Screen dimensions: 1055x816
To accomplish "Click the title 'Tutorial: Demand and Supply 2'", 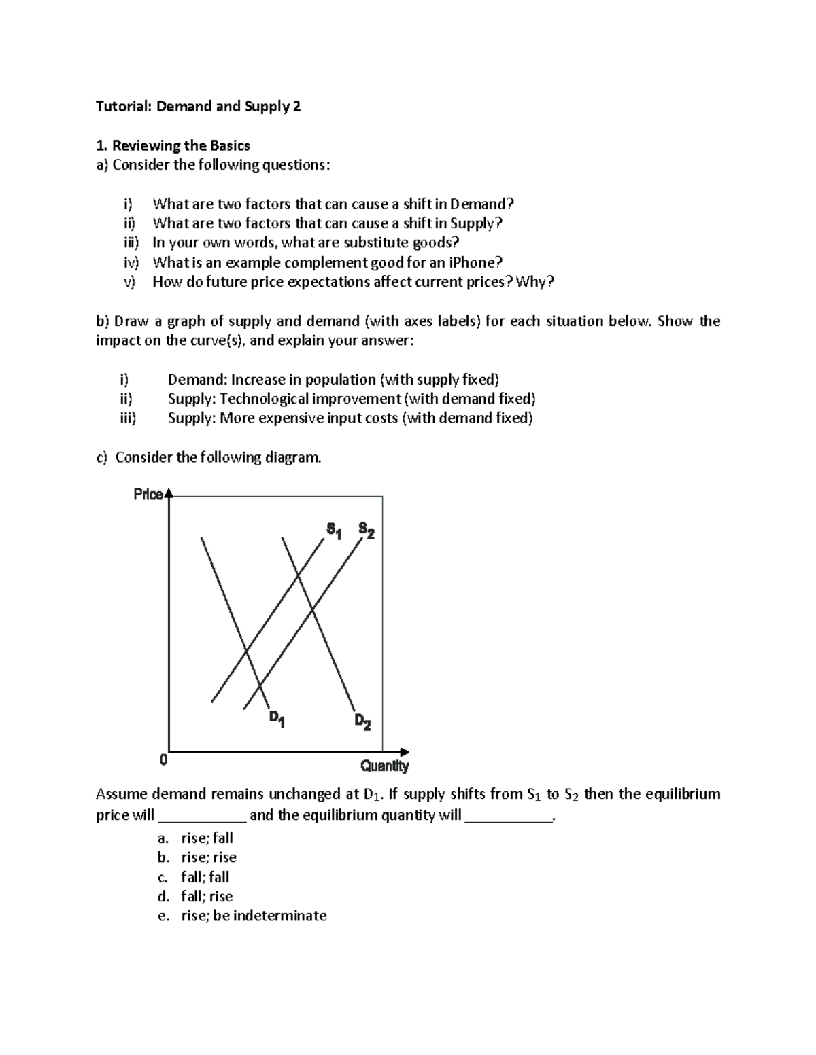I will click(x=198, y=106).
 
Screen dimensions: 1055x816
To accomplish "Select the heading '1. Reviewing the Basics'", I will click(x=173, y=145).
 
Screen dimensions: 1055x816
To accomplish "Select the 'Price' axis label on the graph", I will click(x=148, y=495).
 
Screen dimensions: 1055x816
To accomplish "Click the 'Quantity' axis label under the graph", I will click(x=384, y=766).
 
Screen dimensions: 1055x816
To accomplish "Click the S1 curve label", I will click(x=334, y=529).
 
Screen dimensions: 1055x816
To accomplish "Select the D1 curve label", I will click(x=277, y=719).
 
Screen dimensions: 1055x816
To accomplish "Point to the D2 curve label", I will click(x=362, y=721).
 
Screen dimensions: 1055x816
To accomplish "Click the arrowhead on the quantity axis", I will click(x=405, y=752).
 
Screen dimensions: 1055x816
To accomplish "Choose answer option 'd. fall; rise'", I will click(x=195, y=897).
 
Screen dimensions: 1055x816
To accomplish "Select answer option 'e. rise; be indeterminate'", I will click(x=242, y=916).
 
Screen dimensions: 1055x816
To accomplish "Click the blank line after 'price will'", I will click(x=202, y=816).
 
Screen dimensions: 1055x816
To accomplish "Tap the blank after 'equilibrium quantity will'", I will click(x=509, y=816).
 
